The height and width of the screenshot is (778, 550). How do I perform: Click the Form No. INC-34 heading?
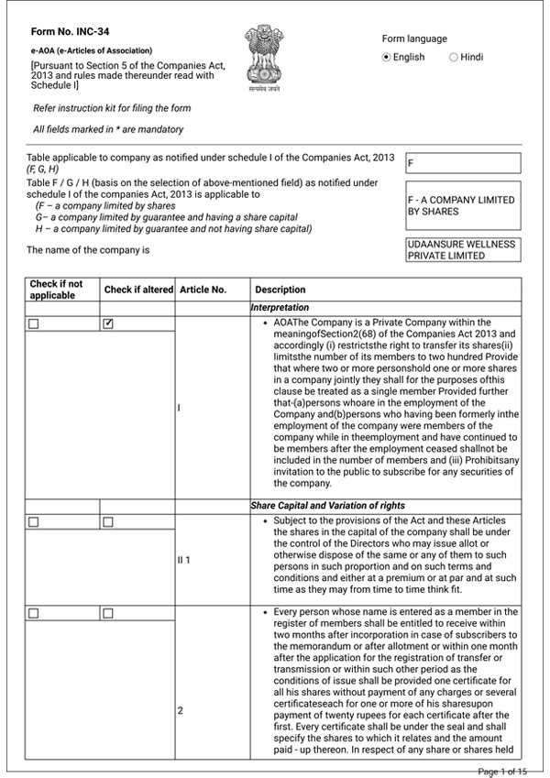(x=63, y=31)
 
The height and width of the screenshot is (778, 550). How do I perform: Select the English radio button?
(x=387, y=57)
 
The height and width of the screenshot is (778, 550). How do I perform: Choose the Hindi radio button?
(x=454, y=57)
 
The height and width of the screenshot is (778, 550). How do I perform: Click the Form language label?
(x=414, y=38)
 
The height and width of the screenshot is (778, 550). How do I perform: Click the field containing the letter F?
(x=463, y=163)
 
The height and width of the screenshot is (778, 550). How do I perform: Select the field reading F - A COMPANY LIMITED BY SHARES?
(x=463, y=205)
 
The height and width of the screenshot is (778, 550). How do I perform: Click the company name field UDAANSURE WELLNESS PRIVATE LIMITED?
(x=463, y=250)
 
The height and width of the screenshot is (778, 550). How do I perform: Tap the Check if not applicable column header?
(x=56, y=290)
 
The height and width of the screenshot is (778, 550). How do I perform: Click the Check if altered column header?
(x=138, y=290)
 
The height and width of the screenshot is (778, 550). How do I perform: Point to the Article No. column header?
(x=203, y=290)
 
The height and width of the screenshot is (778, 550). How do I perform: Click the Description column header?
(x=280, y=290)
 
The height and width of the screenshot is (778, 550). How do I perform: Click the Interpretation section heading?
(x=280, y=308)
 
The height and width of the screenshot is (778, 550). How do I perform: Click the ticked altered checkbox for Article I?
(x=108, y=323)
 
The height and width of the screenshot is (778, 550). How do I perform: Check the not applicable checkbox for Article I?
(x=34, y=323)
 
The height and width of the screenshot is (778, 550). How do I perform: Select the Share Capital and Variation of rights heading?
(x=327, y=506)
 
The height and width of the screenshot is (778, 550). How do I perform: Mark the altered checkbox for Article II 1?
(x=108, y=521)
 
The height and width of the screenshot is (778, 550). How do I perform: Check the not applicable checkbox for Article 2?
(x=34, y=612)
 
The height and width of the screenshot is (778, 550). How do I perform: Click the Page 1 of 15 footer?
(x=502, y=772)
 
